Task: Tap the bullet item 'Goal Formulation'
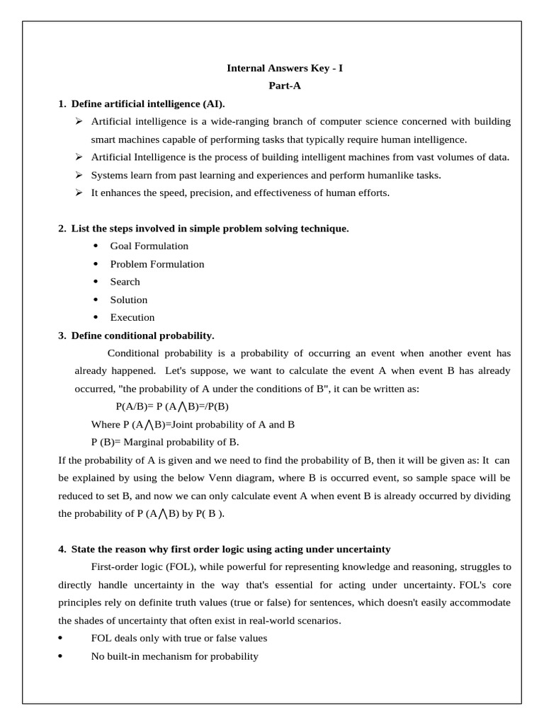[x=149, y=246]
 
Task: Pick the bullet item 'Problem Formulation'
[x=157, y=264]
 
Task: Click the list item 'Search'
[x=125, y=282]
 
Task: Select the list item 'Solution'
[x=128, y=299]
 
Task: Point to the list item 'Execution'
[x=132, y=318]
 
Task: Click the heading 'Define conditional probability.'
[x=142, y=336]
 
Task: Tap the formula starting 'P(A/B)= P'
[x=171, y=407]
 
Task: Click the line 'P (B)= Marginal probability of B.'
[x=165, y=443]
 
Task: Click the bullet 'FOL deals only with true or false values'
[x=178, y=639]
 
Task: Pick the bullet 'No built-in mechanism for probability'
[x=174, y=656]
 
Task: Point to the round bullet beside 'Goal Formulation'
[x=96, y=246]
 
